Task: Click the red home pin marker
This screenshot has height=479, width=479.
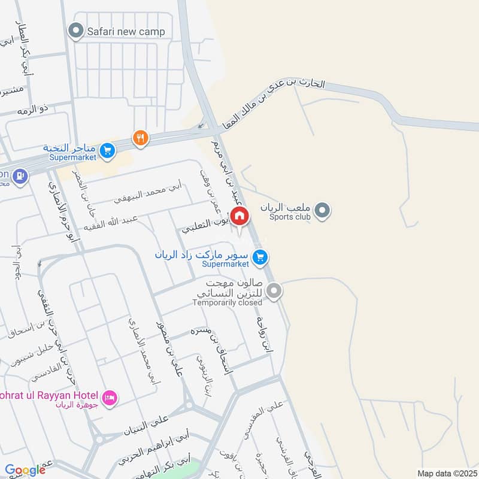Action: (x=239, y=216)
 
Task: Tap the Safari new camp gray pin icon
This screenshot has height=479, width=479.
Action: (x=75, y=31)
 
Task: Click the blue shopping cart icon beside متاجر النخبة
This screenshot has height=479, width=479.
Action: (x=108, y=150)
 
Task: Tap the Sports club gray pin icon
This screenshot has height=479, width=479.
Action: (x=323, y=211)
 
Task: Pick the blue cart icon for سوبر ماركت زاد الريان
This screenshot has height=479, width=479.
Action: (x=259, y=257)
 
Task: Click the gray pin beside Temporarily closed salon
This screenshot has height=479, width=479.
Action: (x=274, y=292)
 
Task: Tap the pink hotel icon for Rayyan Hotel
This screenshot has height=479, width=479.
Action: (x=109, y=398)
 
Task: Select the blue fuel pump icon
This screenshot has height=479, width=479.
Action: (x=20, y=175)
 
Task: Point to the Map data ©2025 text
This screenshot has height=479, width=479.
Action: (x=446, y=473)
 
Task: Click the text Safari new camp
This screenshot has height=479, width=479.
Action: (x=126, y=32)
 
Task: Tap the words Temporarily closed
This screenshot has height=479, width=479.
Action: (x=227, y=302)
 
